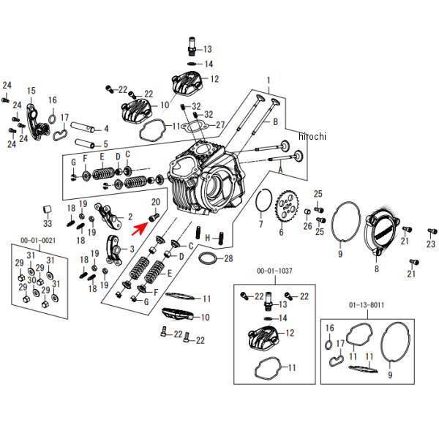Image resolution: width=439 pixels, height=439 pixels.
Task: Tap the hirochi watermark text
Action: pos(312,136)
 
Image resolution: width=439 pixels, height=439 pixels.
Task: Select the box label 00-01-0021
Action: pos(37,241)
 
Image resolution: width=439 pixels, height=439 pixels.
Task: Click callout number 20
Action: pos(155,202)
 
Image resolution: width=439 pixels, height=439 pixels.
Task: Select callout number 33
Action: pos(48,224)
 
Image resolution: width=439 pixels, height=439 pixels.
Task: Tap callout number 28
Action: pos(228,258)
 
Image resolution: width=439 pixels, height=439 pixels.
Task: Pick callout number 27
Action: pos(220,125)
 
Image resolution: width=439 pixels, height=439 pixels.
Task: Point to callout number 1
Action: pos(269,80)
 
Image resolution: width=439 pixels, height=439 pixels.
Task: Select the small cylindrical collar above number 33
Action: pos(47,211)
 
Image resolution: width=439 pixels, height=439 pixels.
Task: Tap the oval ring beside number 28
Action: pos(207,259)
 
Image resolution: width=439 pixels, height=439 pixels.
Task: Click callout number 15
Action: pos(31,91)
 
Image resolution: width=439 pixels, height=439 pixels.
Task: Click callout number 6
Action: pos(279,233)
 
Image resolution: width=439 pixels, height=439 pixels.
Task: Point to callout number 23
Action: pos(431,244)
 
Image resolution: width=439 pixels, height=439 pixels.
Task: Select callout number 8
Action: pos(376,269)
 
